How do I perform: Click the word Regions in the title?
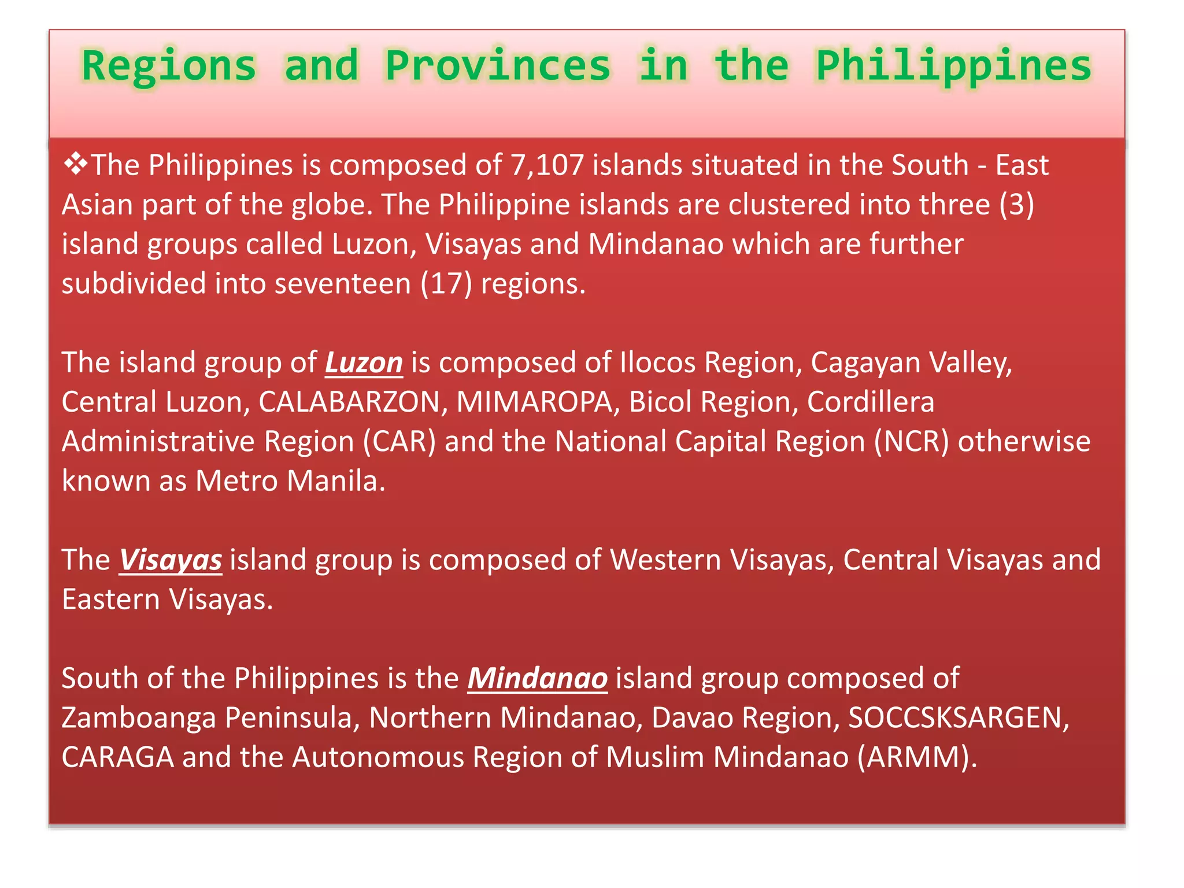pos(169,66)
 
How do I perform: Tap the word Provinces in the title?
pos(498,66)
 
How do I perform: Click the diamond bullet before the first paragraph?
pos(75,164)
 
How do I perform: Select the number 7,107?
pos(547,165)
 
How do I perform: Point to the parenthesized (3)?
pos(1016,205)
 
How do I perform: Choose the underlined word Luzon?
pos(364,363)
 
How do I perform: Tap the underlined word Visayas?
pos(171,560)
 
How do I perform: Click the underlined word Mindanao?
pos(537,678)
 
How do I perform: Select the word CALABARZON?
pos(349,402)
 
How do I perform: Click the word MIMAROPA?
pos(534,402)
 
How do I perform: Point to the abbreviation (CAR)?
pos(399,442)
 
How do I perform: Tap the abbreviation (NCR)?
pos(911,442)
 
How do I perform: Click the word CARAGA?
pos(118,757)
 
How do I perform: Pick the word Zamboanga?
pos(139,718)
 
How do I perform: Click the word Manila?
pos(332,481)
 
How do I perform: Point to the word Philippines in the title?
pos(953,66)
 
